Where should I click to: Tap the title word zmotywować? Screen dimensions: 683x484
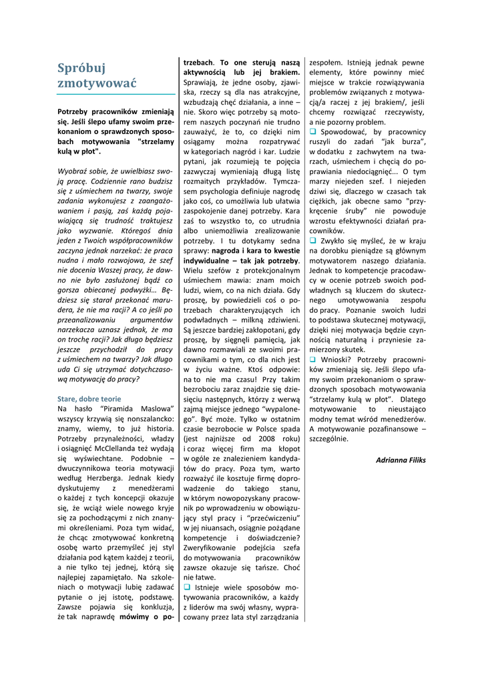(96, 84)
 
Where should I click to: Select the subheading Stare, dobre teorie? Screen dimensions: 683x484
(89, 398)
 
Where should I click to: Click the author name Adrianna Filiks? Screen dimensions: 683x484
(401, 460)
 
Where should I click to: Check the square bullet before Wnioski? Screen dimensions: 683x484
(312, 359)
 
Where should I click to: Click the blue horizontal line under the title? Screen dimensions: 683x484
(116, 94)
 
